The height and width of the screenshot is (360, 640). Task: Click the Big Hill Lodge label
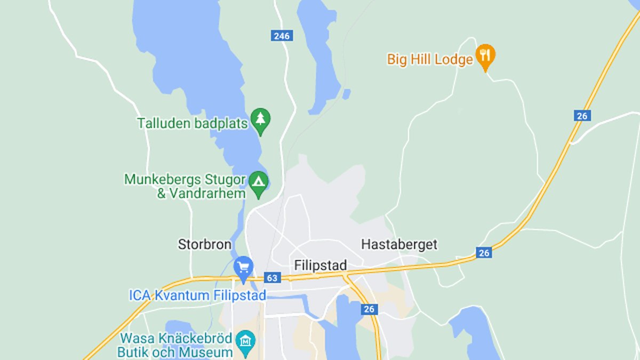click(x=430, y=59)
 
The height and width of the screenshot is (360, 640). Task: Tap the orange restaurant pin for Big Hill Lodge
click(x=485, y=56)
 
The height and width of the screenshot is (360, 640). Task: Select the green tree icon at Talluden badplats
click(x=260, y=119)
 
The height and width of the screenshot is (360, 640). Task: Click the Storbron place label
click(x=205, y=245)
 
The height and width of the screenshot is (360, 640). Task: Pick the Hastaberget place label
click(x=399, y=245)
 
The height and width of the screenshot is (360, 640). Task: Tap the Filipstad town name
click(x=320, y=265)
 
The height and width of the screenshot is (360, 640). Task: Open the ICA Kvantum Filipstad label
click(x=197, y=295)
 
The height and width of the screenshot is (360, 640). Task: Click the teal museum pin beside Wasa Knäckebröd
click(x=245, y=339)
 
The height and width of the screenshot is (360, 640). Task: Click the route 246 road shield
click(x=281, y=36)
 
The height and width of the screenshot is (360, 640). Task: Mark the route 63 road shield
click(x=272, y=277)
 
